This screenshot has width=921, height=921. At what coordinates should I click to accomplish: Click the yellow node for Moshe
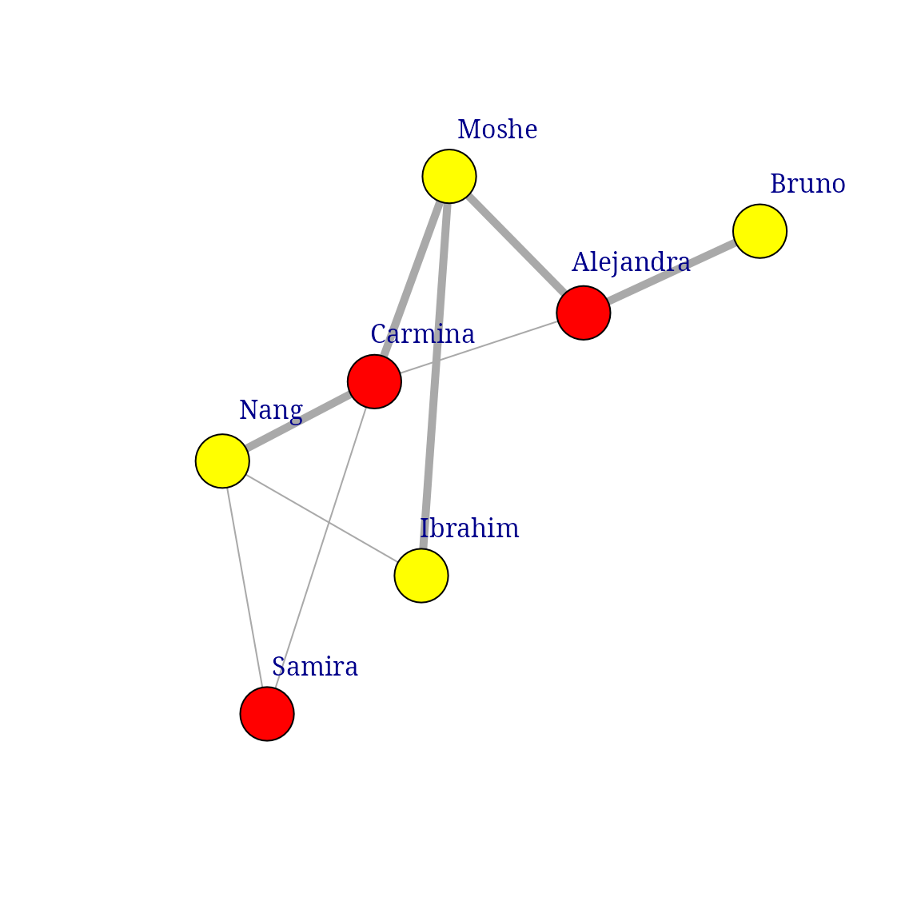449,176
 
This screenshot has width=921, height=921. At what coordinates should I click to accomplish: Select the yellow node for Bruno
760,231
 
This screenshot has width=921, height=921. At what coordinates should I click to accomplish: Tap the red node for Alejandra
584,313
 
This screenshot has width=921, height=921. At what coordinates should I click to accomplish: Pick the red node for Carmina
374,381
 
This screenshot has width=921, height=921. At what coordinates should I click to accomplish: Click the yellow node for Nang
222,461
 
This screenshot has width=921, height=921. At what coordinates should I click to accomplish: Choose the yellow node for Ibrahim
421,576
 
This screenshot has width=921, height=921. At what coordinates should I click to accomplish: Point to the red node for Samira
267,714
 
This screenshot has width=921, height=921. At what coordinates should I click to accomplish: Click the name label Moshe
497,130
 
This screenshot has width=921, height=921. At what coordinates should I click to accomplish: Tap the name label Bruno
807,185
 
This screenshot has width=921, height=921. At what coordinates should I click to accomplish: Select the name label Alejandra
631,262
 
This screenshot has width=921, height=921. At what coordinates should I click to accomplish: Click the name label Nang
271,410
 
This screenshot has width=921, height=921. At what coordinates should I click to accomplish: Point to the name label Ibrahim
469,528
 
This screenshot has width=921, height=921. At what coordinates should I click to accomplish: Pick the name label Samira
315,667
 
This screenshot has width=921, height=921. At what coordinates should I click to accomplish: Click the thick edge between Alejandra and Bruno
672,272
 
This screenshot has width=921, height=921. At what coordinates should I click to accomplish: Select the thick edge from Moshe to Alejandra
516,245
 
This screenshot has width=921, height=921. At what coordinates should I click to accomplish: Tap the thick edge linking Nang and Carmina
298,421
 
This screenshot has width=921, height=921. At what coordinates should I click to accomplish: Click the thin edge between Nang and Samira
245,588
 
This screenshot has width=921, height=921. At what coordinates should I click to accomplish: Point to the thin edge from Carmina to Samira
321,548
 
